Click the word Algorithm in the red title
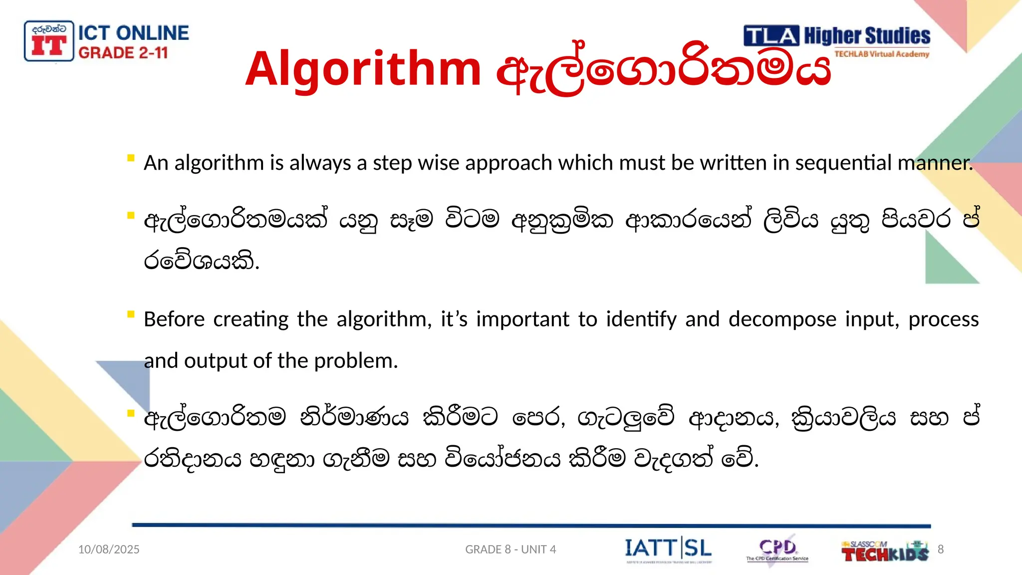(x=363, y=69)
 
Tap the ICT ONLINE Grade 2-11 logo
(x=107, y=42)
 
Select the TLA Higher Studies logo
(x=837, y=41)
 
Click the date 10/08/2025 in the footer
(x=109, y=550)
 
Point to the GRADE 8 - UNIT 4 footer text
(x=511, y=550)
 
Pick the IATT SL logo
(x=668, y=550)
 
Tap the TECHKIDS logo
(x=884, y=552)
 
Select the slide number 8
(x=941, y=550)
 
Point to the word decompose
(x=782, y=319)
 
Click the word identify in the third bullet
(x=641, y=319)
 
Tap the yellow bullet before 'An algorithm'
(x=131, y=158)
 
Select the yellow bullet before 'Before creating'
(x=131, y=314)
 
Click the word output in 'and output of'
(x=216, y=361)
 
